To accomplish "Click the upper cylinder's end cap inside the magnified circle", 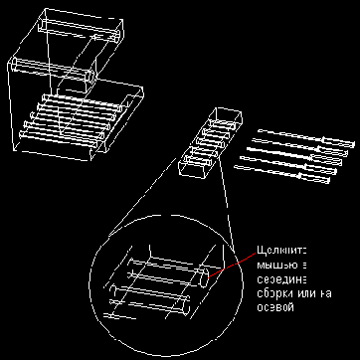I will point(208,277).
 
